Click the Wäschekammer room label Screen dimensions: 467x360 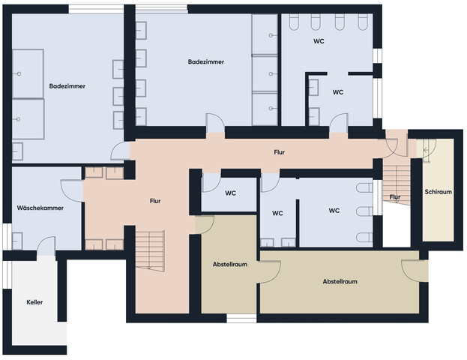click(40, 208)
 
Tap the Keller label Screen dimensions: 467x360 click(34, 302)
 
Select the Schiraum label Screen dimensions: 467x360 click(438, 192)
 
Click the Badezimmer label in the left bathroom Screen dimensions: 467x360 click(67, 86)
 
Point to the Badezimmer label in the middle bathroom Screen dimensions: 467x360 click(206, 62)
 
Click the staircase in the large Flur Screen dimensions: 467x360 click(150, 250)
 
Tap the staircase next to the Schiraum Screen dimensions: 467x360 click(397, 184)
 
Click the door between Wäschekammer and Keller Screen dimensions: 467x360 click(46, 246)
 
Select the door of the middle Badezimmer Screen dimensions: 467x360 click(215, 123)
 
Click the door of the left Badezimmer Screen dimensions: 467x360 click(121, 151)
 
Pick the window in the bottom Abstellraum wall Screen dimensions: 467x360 click(241, 318)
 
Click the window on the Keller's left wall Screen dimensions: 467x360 click(7, 274)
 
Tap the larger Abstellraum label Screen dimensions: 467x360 click(340, 281)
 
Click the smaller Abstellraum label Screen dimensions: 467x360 click(230, 264)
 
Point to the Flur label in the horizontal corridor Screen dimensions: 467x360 click(280, 152)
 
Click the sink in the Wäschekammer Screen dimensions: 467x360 click(17, 241)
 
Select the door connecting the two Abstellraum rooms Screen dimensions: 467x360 click(269, 271)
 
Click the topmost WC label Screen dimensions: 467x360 click(319, 41)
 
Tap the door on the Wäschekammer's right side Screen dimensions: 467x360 click(72, 190)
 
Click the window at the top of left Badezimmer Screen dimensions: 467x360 click(96, 9)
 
